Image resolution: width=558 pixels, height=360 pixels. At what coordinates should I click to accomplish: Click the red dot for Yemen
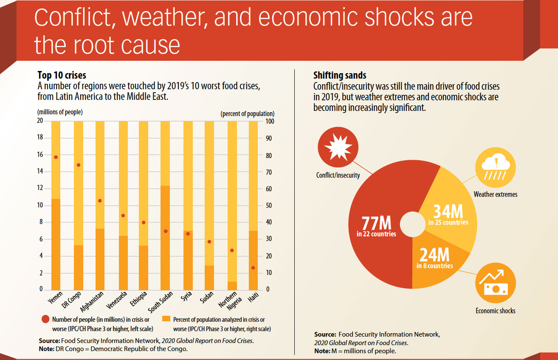tap(56, 157)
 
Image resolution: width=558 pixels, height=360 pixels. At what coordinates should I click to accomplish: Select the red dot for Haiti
tap(253, 268)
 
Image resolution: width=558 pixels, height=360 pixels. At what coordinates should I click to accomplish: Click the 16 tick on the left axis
tap(40, 155)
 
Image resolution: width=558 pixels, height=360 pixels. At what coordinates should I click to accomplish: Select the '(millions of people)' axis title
tap(60, 112)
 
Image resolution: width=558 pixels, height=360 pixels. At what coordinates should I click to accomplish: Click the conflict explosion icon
tap(335, 147)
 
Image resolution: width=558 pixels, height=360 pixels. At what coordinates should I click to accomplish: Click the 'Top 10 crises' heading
tap(62, 75)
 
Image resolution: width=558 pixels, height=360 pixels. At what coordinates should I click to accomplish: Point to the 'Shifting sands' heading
tap(340, 75)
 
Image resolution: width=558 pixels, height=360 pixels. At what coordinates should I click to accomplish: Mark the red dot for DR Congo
tap(78, 165)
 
